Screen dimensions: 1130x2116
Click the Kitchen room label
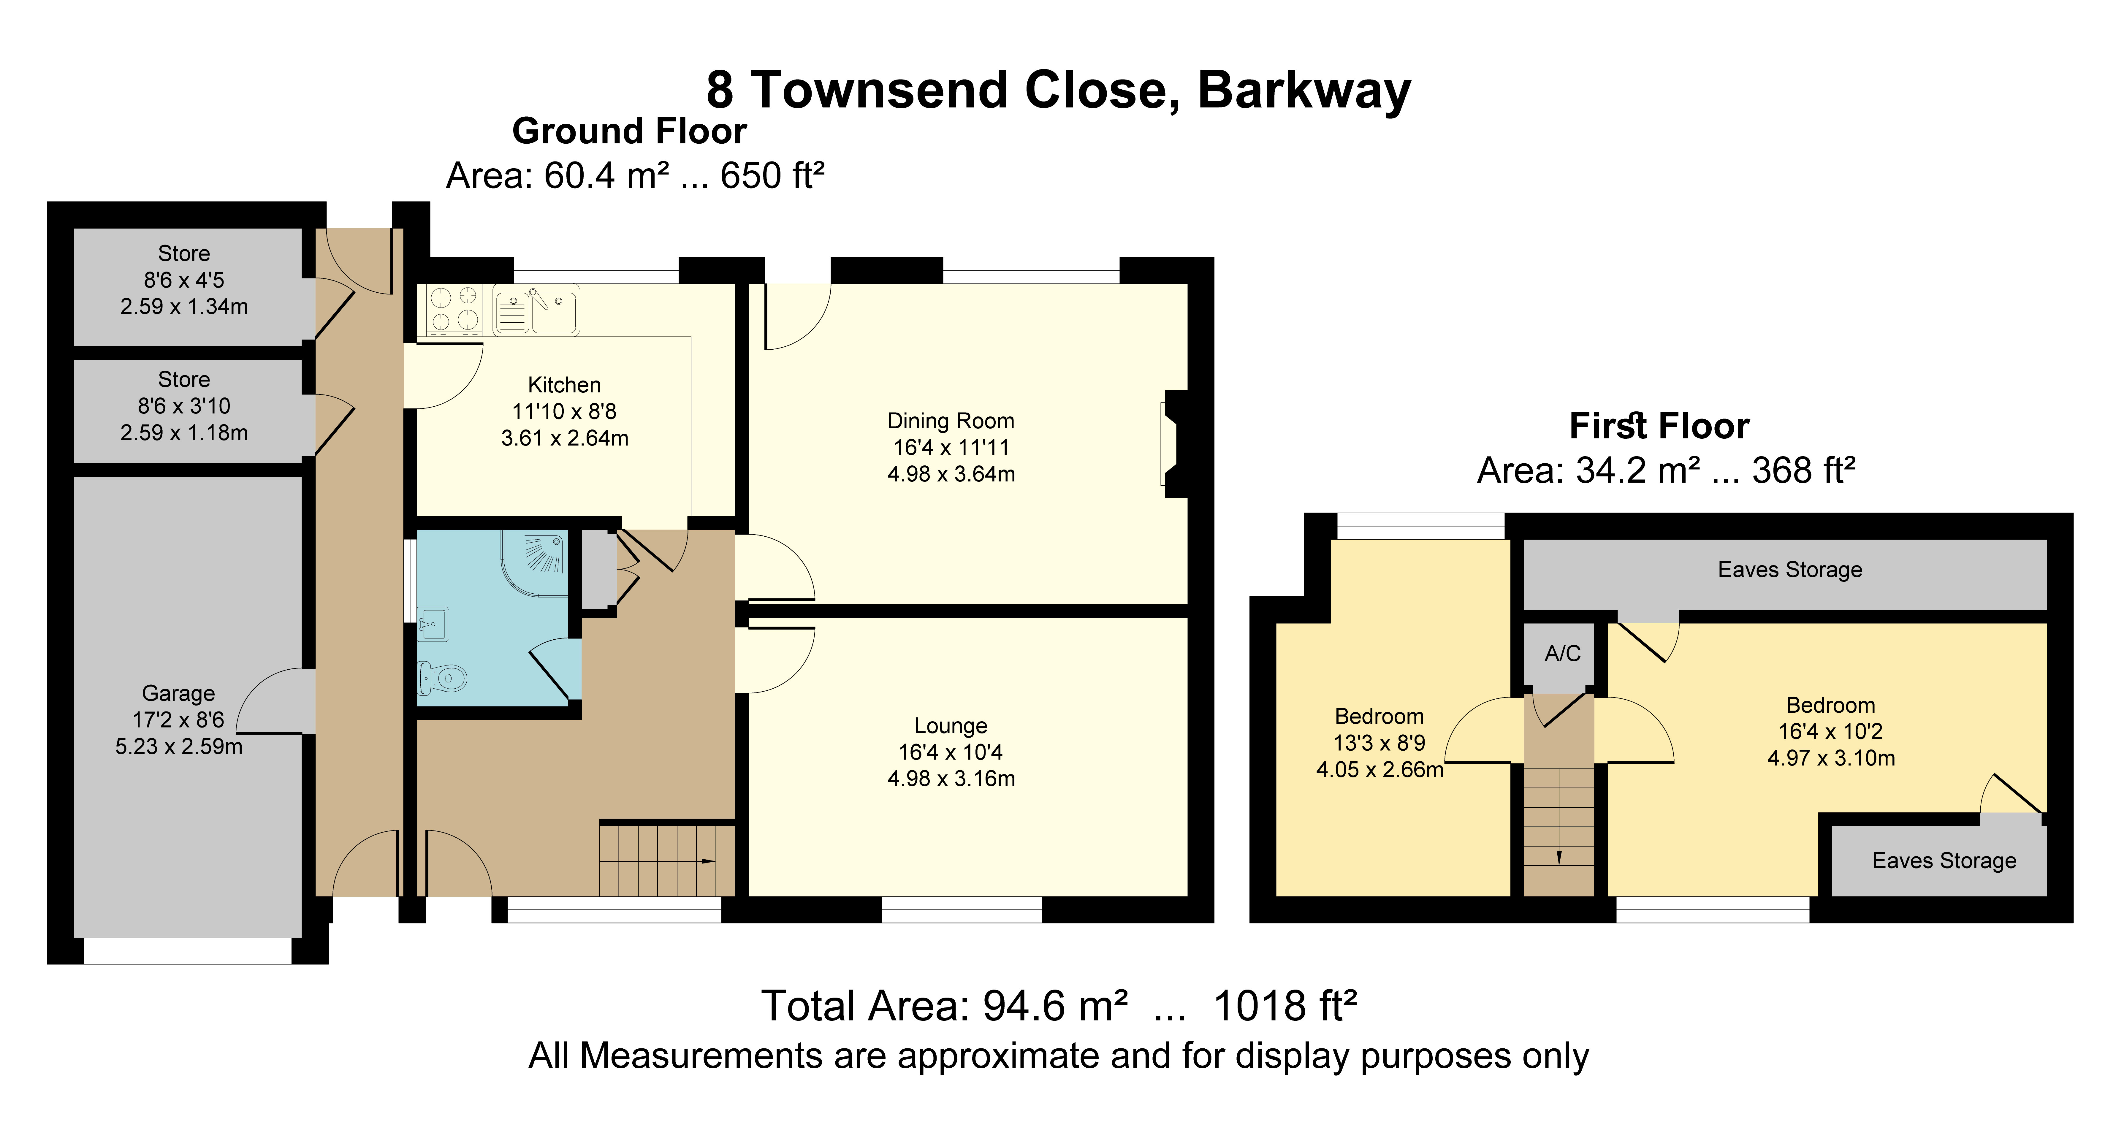click(564, 385)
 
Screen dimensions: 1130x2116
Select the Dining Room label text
click(951, 421)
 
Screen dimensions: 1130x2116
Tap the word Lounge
click(951, 726)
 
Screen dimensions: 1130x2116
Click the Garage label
click(178, 694)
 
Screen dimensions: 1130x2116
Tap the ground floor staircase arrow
click(707, 861)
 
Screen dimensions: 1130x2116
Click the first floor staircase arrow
click(1559, 857)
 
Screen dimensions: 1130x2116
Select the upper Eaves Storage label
click(1789, 570)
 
